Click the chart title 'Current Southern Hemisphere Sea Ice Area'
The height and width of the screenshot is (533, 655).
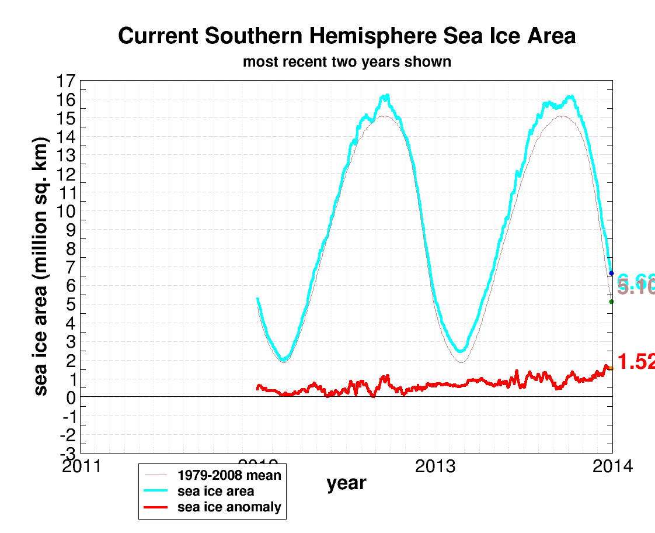(347, 36)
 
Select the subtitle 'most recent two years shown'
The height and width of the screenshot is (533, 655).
(347, 61)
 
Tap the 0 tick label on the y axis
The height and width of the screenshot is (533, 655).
(70, 398)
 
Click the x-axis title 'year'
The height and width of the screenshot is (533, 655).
(346, 483)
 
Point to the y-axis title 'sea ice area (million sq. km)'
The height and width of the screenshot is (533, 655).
(41, 267)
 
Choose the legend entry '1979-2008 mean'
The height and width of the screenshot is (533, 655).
(229, 475)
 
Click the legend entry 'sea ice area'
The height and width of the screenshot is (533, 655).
(215, 492)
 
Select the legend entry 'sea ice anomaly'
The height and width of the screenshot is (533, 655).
(229, 507)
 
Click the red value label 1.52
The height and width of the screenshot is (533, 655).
(636, 362)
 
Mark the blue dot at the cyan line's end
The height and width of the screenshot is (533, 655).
(611, 274)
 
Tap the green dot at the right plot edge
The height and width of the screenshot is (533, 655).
(611, 302)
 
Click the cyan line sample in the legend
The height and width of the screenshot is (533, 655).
(157, 492)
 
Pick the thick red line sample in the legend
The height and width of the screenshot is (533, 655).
(157, 507)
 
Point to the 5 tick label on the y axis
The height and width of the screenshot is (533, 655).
(70, 304)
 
